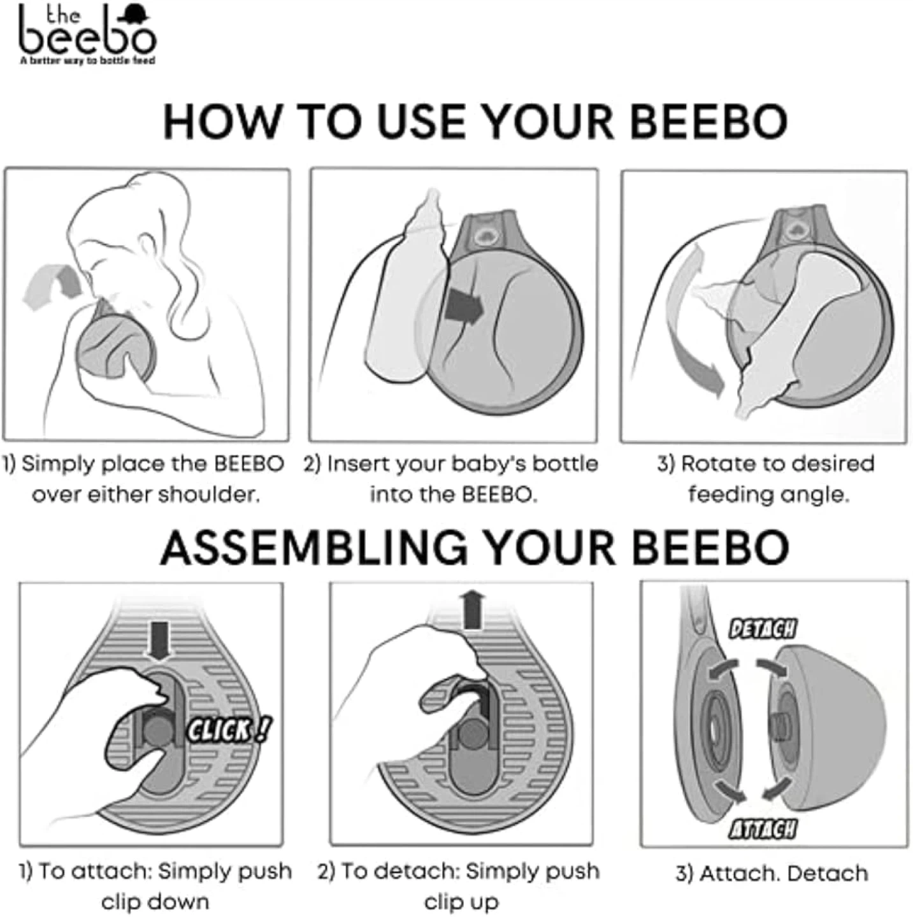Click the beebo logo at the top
[88, 34]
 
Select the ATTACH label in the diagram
[763, 830]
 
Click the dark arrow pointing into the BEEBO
[464, 307]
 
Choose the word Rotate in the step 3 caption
[718, 464]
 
